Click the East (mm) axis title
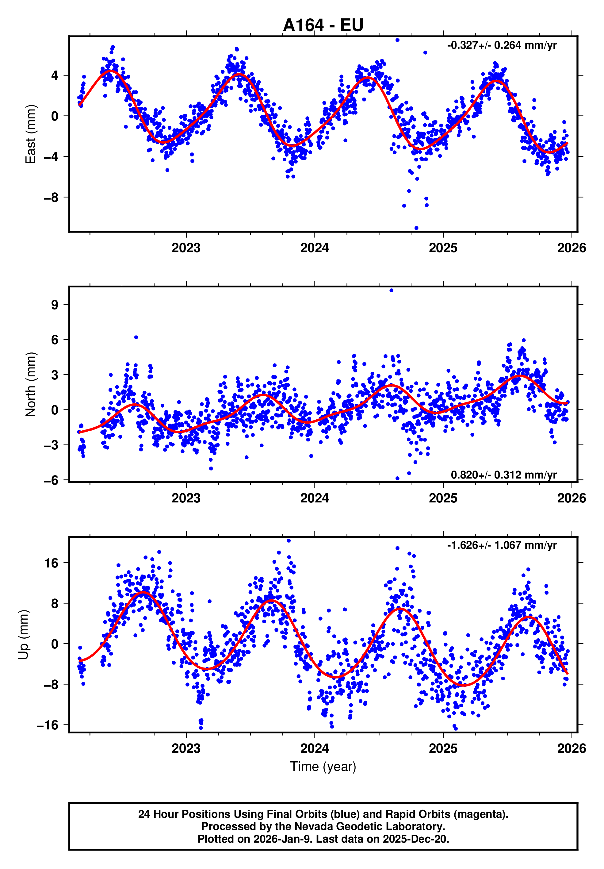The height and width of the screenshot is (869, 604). [30, 134]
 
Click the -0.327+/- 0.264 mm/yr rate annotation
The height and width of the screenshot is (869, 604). [502, 45]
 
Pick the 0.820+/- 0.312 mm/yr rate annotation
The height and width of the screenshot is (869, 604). [503, 475]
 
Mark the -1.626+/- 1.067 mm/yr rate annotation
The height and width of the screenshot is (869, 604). [502, 545]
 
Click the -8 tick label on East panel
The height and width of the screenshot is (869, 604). [51, 197]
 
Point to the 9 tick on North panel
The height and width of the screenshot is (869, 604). [55, 304]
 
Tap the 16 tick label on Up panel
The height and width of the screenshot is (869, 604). [52, 563]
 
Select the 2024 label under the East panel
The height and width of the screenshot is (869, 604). [314, 248]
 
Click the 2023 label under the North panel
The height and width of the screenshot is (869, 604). [186, 498]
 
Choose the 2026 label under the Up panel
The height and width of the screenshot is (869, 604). [571, 748]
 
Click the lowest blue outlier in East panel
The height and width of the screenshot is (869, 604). [416, 228]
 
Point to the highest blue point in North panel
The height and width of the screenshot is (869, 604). [392, 290]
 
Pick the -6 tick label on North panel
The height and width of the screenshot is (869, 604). [51, 480]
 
